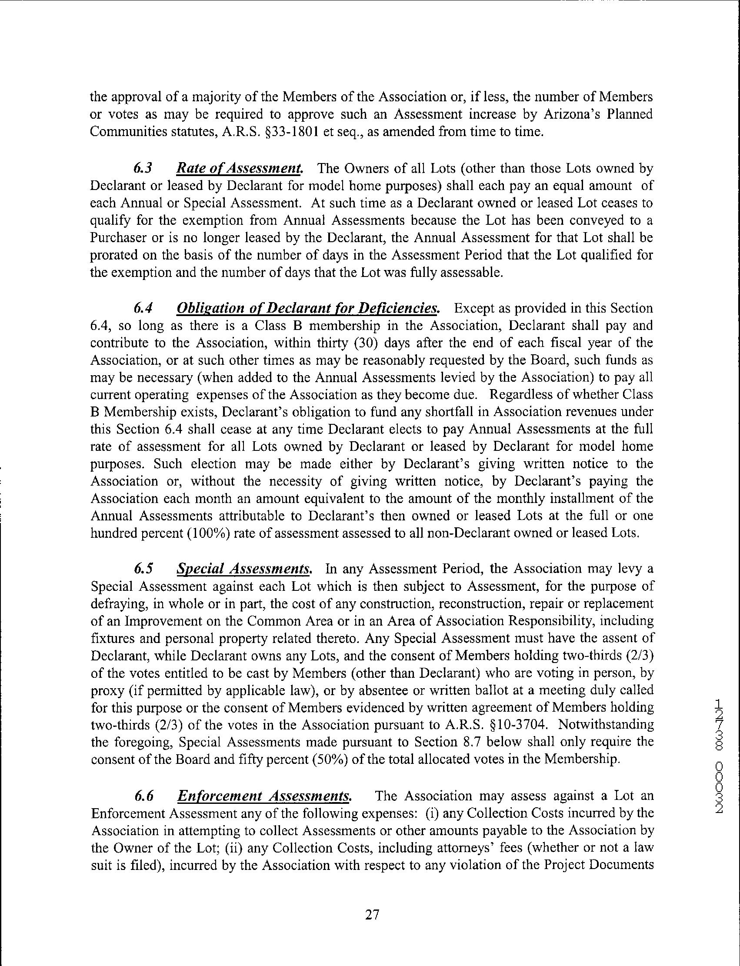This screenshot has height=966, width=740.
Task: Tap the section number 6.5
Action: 144,569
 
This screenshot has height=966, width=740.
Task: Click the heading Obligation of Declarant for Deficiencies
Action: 307,308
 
